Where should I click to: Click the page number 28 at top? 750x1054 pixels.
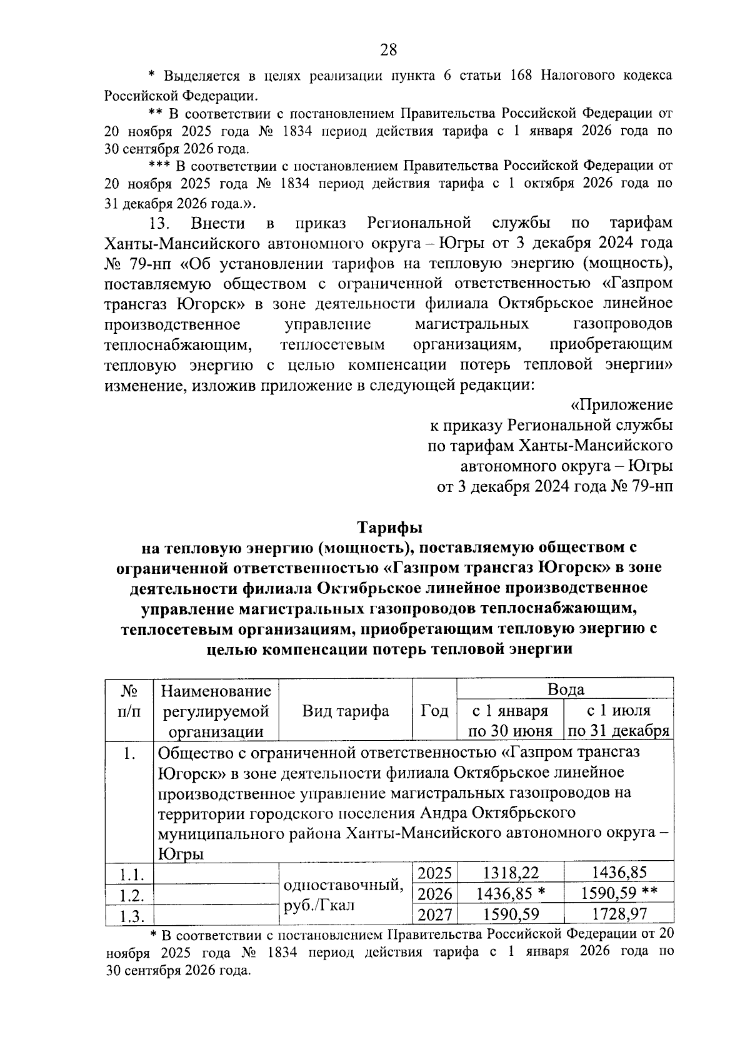tap(388, 50)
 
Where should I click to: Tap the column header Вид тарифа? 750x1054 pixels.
tap(345, 711)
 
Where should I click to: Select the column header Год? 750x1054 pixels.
tap(434, 711)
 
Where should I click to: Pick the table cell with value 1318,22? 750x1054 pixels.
tap(510, 873)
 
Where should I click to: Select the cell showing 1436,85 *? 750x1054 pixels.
tap(510, 893)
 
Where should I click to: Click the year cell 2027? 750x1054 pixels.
tap(434, 915)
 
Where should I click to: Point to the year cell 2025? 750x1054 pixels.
tap(434, 873)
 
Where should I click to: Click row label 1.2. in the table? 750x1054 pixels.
tap(129, 895)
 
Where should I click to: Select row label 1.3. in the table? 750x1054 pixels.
tap(129, 916)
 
